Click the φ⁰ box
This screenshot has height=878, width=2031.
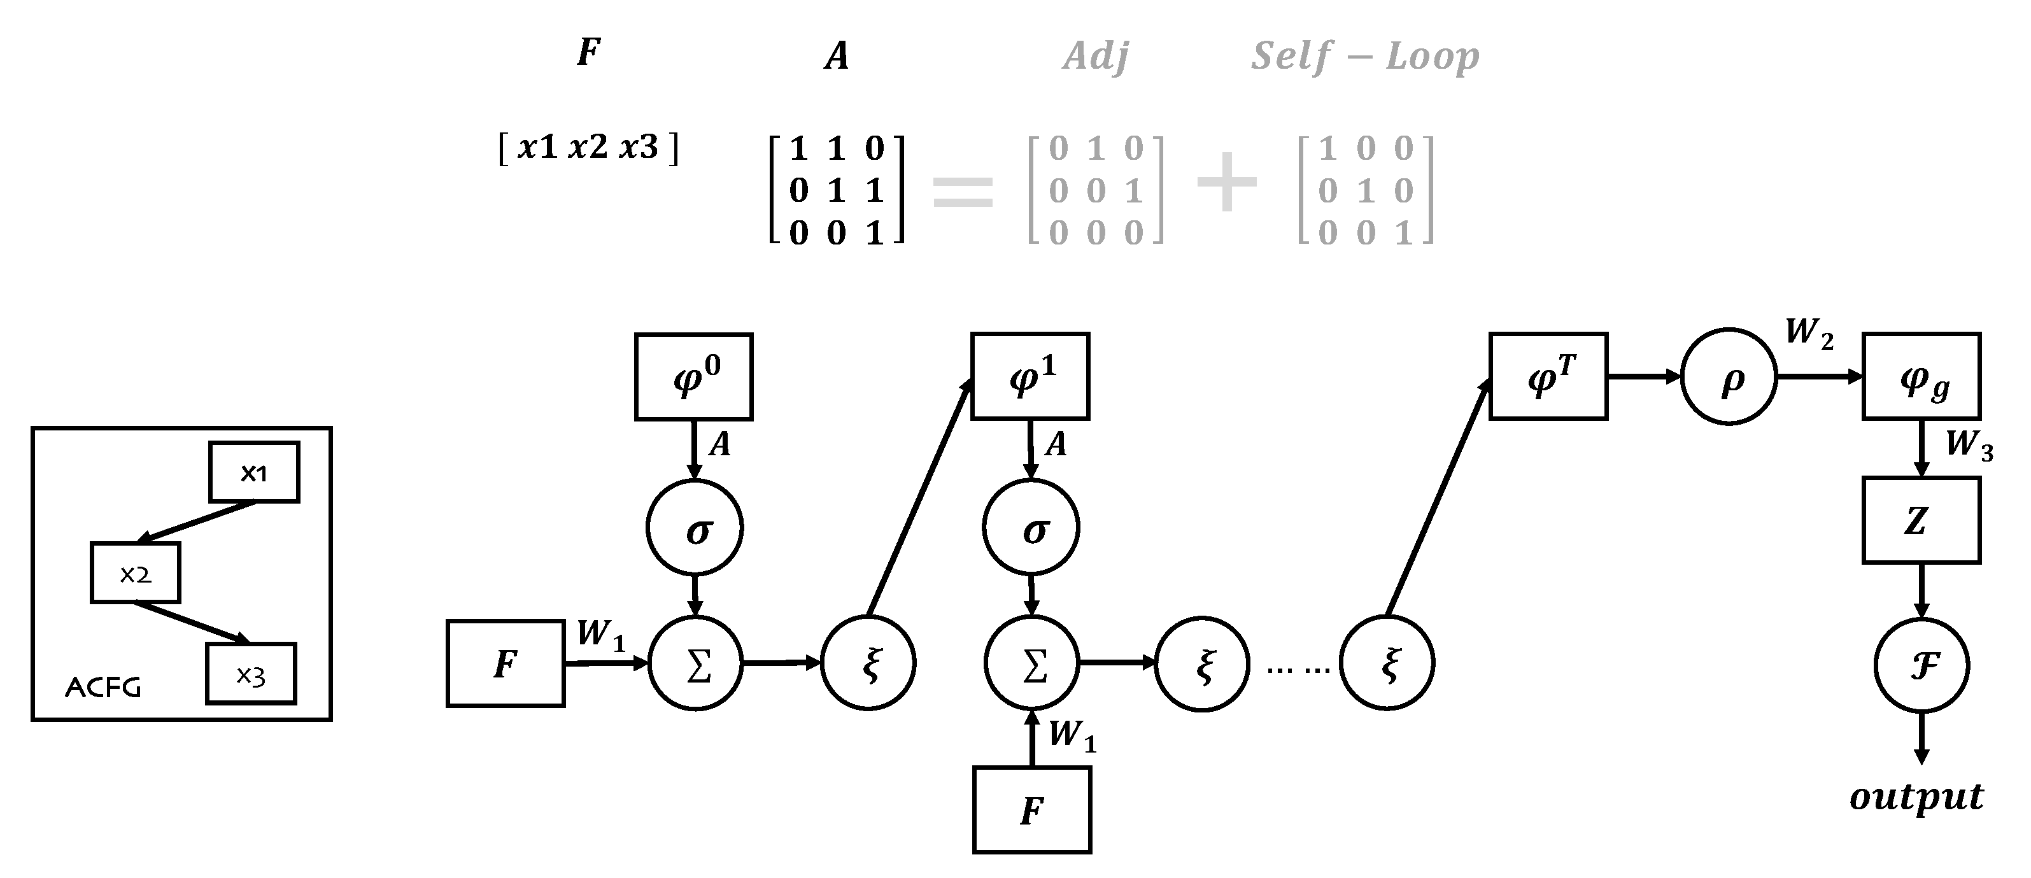(x=694, y=377)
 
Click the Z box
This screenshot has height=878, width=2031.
(x=1921, y=520)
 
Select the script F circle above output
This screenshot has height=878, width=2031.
(x=1921, y=665)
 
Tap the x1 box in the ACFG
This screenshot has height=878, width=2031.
(x=254, y=472)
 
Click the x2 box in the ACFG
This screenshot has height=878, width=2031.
(x=136, y=573)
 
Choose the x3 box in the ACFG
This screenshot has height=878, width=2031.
(x=251, y=674)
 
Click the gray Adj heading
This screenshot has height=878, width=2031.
(x=1095, y=57)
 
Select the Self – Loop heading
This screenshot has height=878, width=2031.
(x=1365, y=57)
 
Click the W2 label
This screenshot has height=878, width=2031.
(x=1809, y=334)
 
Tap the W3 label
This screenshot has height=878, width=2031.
(x=1968, y=445)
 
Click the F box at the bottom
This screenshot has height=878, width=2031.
(x=1032, y=811)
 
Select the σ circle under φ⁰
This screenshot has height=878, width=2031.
(x=695, y=527)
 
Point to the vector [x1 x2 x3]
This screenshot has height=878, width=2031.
(x=588, y=147)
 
